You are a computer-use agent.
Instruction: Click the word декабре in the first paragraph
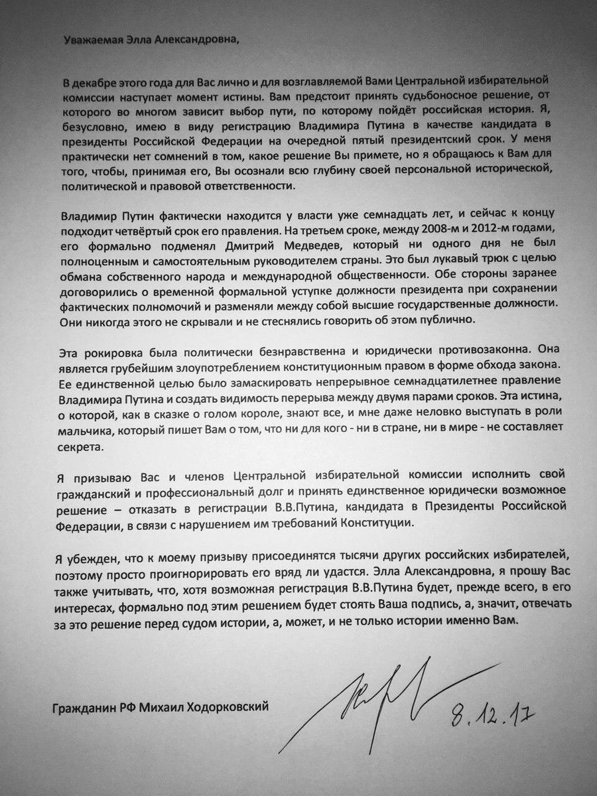point(103,82)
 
